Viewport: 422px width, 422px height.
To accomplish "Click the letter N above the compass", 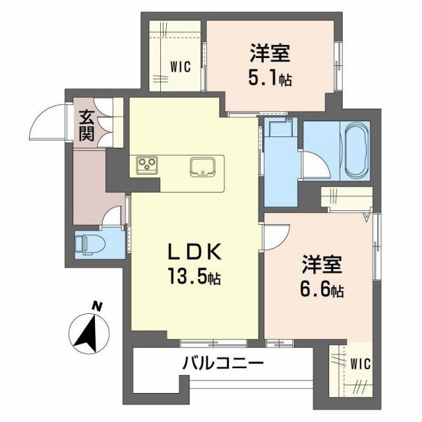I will point(98,305).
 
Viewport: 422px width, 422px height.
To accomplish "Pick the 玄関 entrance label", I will point(86,125).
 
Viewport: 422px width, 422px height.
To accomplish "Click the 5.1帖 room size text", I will point(270,79).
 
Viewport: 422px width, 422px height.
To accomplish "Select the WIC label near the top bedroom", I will point(181,67).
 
